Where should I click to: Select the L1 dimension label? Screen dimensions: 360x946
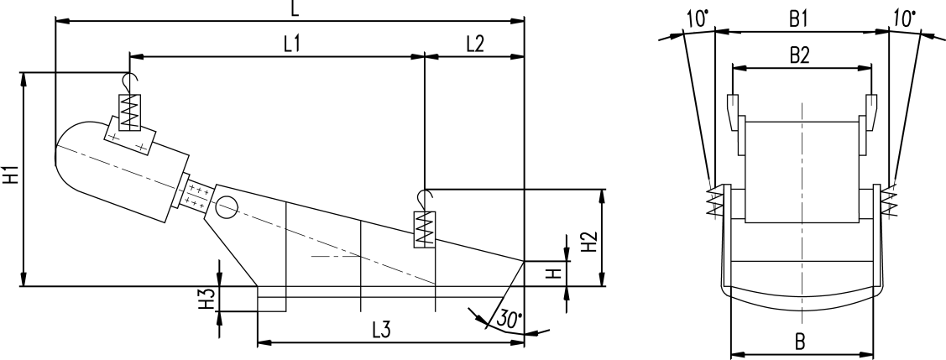[292, 45]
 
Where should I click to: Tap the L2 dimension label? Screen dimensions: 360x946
[473, 45]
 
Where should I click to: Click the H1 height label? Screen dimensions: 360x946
[11, 178]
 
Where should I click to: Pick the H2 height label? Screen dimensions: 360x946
[590, 241]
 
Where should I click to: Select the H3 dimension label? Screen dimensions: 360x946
[205, 300]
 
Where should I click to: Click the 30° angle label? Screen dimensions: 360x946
[510, 320]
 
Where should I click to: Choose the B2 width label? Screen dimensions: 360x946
[799, 56]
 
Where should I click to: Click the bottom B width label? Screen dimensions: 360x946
[800, 342]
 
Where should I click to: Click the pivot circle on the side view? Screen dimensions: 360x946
[228, 205]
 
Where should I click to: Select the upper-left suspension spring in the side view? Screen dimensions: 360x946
[129, 111]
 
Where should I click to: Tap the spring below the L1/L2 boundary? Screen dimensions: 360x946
[426, 227]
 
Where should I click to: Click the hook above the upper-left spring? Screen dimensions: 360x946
[128, 81]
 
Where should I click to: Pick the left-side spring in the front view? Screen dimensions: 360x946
[714, 201]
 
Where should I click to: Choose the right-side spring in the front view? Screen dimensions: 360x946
[888, 201]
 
